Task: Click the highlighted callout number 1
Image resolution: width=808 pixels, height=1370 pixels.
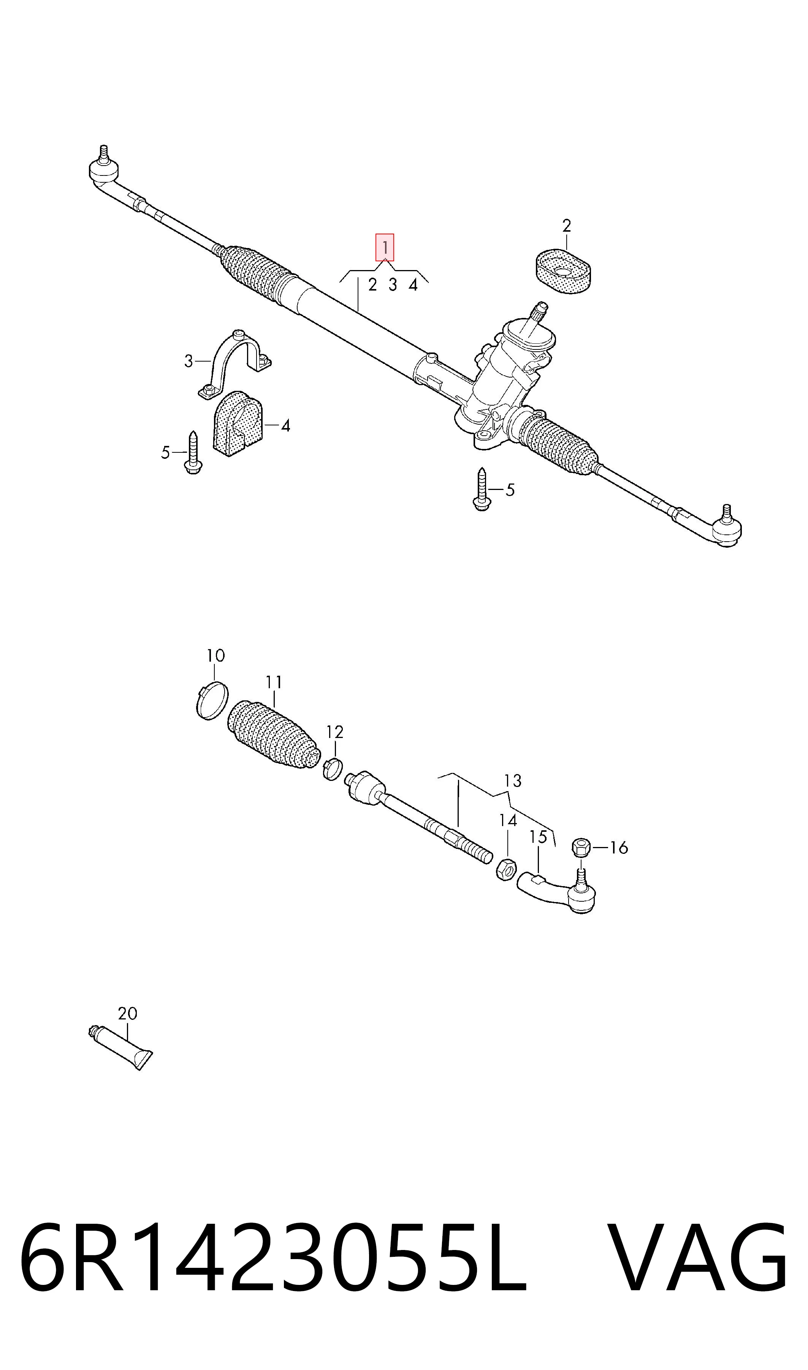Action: coord(384,248)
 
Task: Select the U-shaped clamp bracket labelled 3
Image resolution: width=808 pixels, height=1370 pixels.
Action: coord(234,365)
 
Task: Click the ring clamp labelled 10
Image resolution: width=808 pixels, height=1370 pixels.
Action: coord(212,700)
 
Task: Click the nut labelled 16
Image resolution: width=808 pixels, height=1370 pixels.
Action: coord(581,847)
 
